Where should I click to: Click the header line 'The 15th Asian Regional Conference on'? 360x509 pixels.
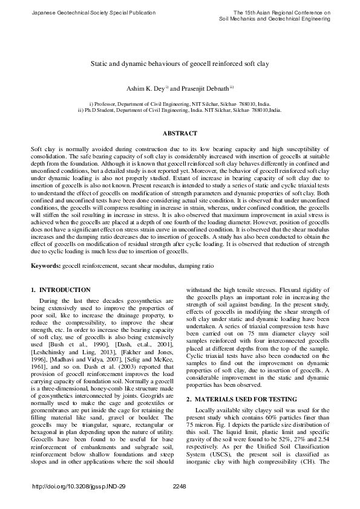(x=282, y=12)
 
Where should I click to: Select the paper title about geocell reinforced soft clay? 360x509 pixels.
(x=179, y=63)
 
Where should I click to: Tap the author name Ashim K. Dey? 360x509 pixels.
(x=142, y=89)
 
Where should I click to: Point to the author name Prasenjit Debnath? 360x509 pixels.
(x=202, y=89)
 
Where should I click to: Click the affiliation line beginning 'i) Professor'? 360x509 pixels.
(x=180, y=104)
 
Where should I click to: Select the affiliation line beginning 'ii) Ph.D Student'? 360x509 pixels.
(x=180, y=111)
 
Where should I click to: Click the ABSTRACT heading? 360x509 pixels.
(x=180, y=133)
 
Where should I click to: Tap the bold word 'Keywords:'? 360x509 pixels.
(x=45, y=266)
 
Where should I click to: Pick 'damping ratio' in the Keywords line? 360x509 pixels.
(x=198, y=266)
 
